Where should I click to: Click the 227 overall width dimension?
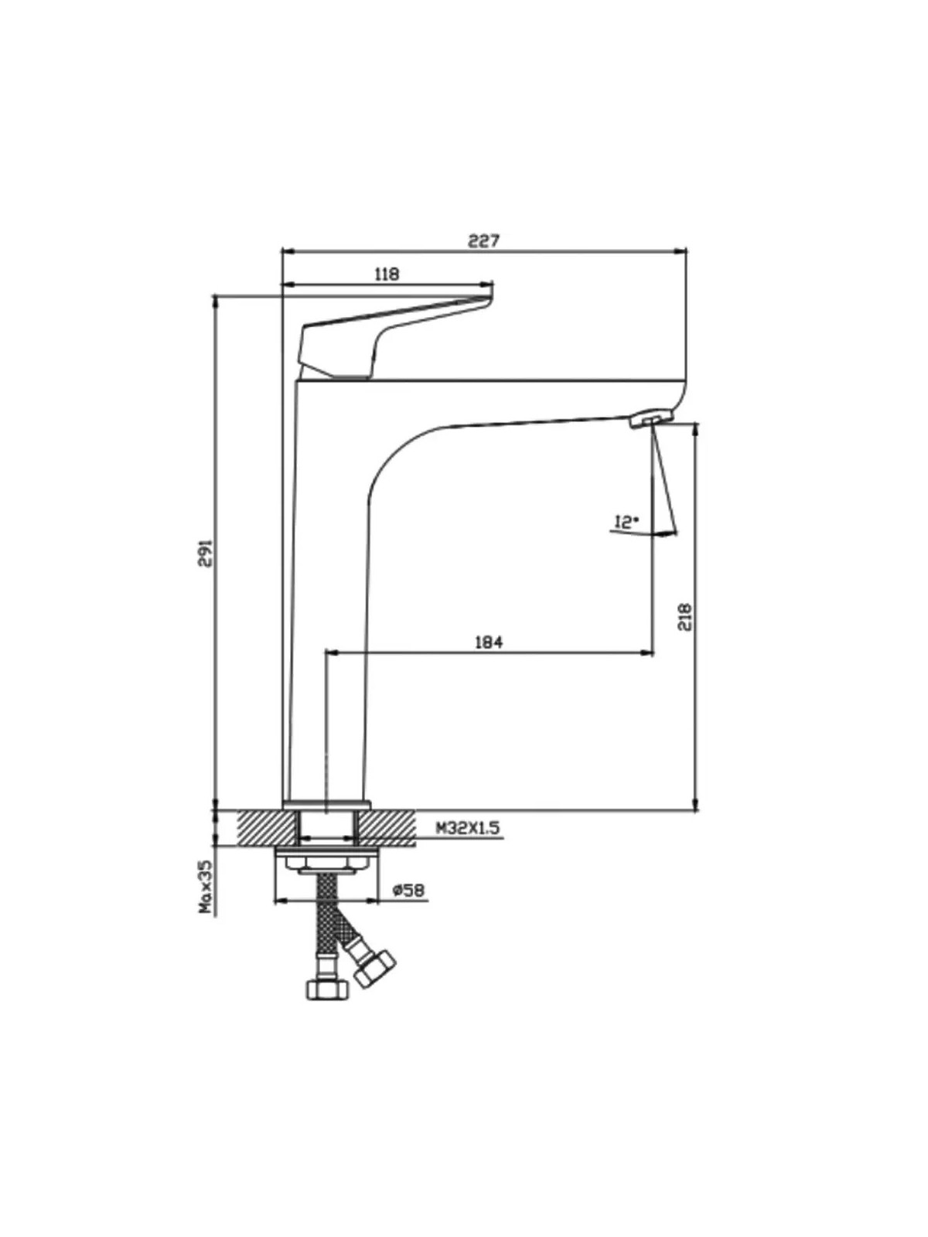tap(484, 240)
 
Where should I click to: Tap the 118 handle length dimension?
tap(387, 274)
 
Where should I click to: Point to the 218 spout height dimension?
tap(684, 617)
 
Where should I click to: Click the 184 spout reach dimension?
tap(489, 642)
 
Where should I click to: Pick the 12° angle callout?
tap(626, 522)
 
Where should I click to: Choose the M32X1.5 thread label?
tap(468, 827)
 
